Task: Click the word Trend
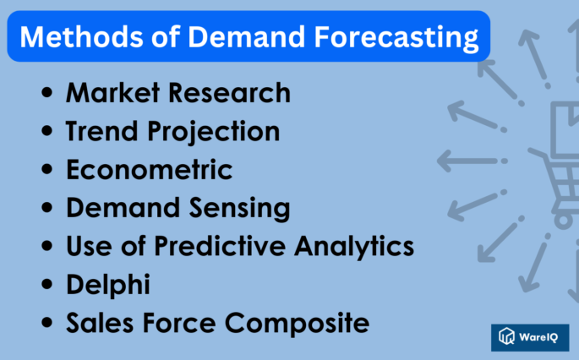97,132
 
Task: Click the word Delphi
108,284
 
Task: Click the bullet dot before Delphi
47,286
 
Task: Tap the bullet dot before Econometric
47,172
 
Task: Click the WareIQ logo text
541,338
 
